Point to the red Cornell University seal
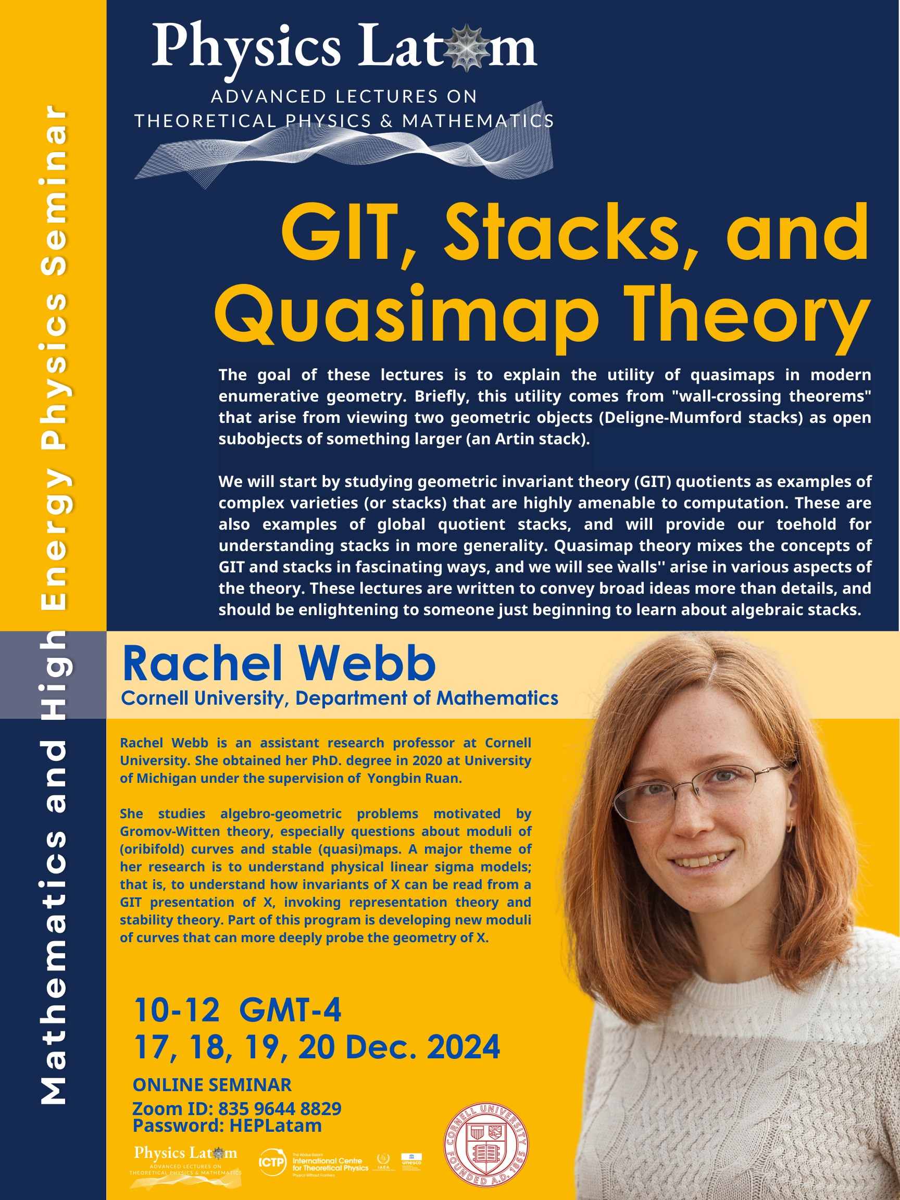[x=485, y=1144]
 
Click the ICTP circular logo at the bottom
[x=272, y=1162]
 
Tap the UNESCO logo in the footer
[x=411, y=1160]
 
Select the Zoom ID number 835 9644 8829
[x=279, y=1108]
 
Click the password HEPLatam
[x=276, y=1126]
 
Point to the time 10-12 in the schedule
[x=177, y=1010]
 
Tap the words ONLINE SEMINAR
[x=212, y=1084]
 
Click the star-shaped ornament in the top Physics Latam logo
[x=466, y=49]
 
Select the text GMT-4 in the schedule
[x=290, y=1010]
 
